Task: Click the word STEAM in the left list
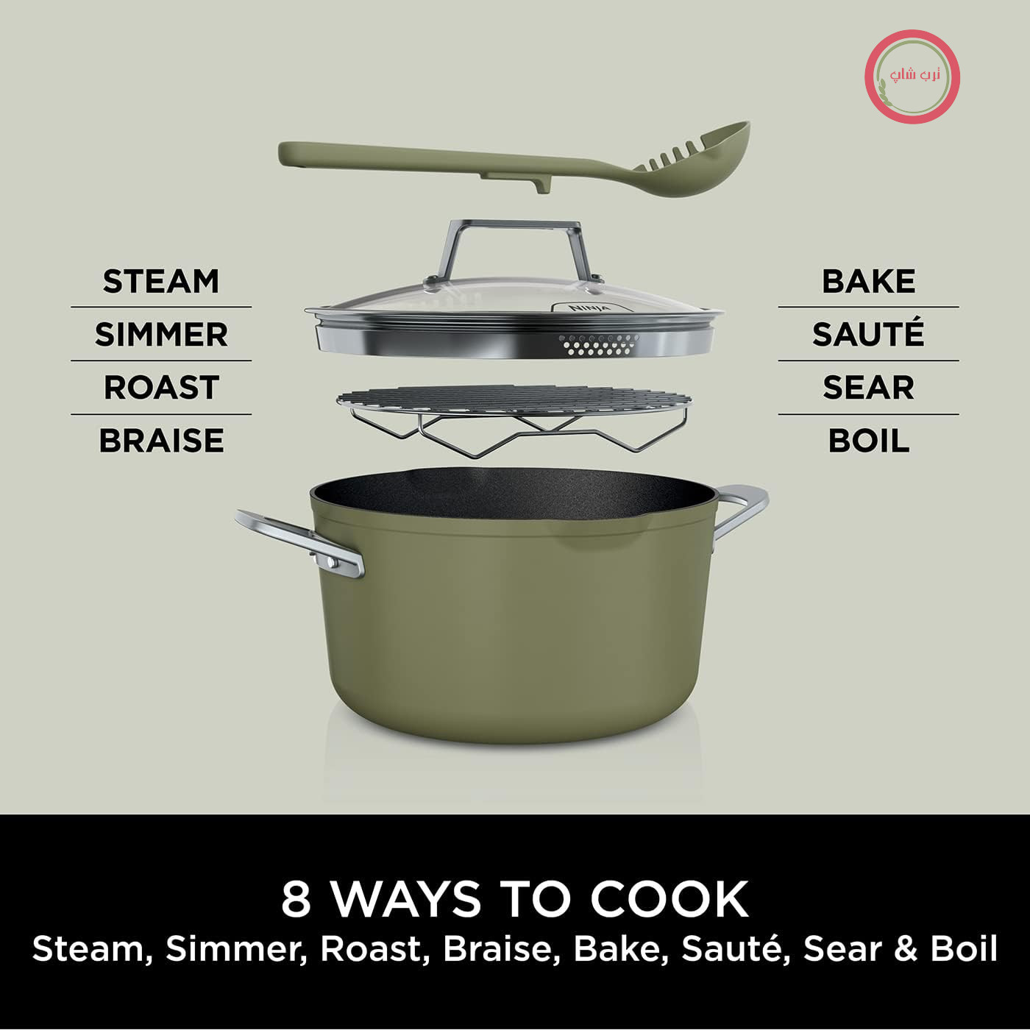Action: (161, 281)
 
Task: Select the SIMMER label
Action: (161, 335)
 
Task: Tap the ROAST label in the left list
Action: (161, 388)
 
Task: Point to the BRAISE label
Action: (161, 441)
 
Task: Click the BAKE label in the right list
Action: (868, 281)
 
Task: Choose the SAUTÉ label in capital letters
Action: (868, 332)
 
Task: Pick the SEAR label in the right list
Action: (868, 388)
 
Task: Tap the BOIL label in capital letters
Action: (868, 441)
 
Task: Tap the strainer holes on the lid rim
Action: (599, 345)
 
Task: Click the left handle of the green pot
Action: (302, 542)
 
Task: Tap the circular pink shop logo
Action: (912, 77)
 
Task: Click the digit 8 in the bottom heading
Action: (296, 899)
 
